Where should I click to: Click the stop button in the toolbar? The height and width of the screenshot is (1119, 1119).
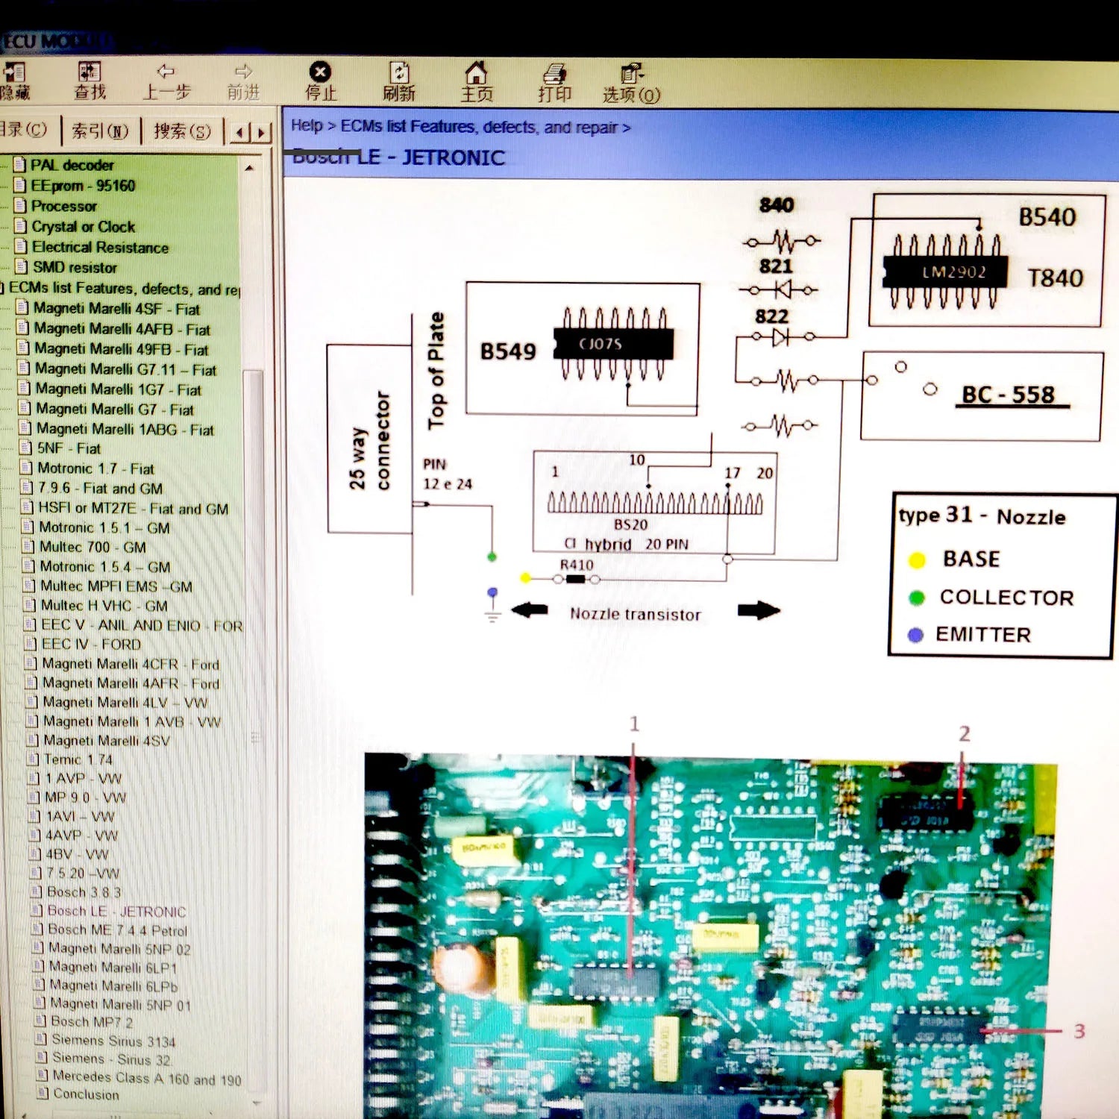[320, 81]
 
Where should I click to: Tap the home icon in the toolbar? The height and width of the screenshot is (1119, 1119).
[476, 81]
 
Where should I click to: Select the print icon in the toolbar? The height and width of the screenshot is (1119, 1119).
[554, 81]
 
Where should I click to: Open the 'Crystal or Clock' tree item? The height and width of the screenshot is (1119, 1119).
[83, 227]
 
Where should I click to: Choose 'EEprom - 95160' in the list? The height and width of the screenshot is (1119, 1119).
[83, 186]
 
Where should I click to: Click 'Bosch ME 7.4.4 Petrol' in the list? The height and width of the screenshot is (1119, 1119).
[117, 930]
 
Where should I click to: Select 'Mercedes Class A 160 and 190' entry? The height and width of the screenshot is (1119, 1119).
[146, 1078]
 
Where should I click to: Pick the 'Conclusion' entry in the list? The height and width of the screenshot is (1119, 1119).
[86, 1094]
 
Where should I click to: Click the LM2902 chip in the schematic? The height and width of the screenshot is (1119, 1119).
[945, 272]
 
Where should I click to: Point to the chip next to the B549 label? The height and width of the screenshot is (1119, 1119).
[613, 344]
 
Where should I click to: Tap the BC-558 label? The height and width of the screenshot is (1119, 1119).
[1009, 395]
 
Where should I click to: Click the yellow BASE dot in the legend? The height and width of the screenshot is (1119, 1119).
[917, 560]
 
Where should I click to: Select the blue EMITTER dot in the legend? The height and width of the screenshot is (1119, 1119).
[915, 635]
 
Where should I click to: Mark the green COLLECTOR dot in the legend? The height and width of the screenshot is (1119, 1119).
[917, 598]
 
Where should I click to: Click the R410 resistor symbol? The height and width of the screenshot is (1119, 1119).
[575, 579]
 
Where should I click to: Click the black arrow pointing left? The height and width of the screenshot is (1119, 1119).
[530, 610]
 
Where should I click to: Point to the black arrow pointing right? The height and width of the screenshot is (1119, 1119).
[758, 611]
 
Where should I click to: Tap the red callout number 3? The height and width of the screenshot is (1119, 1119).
[1079, 1031]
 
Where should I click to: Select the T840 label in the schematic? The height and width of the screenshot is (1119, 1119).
[1055, 278]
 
